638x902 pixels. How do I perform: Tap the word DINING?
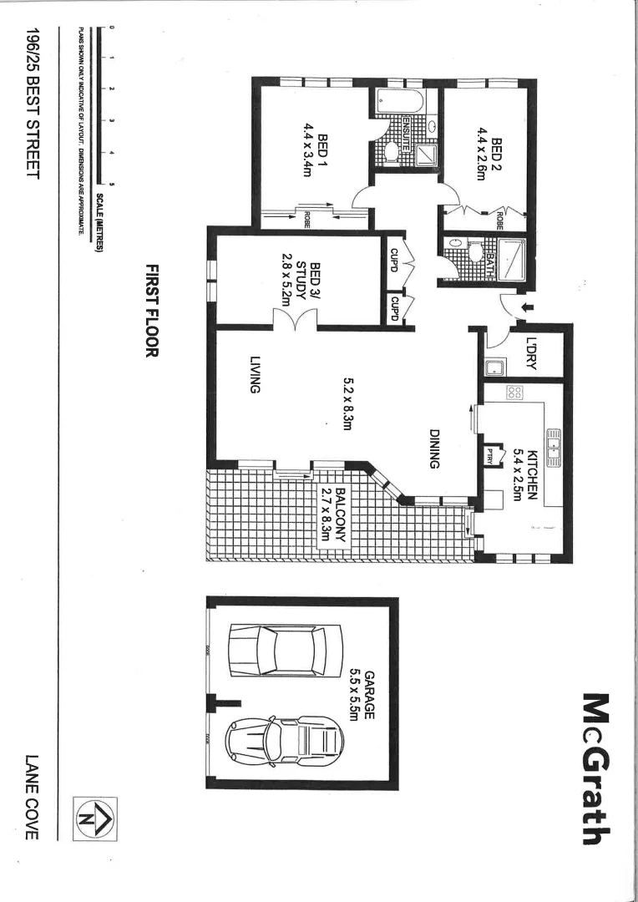click(x=434, y=448)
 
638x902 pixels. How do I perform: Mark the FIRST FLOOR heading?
click(x=152, y=311)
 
